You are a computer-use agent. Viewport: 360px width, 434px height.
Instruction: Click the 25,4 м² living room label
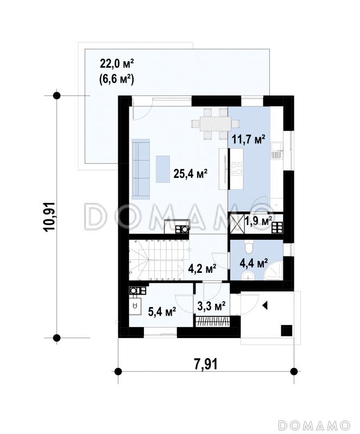[x=191, y=174]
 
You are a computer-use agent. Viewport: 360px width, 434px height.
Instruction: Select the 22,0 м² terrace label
[x=117, y=64]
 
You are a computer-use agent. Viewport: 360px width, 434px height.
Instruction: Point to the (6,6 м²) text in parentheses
[x=116, y=79]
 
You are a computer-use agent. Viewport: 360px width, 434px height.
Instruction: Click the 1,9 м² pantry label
[x=258, y=221]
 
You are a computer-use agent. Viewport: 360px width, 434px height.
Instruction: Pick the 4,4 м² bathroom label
[x=254, y=263]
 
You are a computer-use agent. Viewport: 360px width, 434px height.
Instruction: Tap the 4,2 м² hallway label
[x=203, y=268]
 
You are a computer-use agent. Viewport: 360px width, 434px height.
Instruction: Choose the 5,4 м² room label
[x=162, y=312]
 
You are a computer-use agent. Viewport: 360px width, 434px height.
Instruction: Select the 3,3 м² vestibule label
[x=211, y=305]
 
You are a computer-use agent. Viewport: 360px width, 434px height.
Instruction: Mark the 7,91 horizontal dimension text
[x=206, y=363]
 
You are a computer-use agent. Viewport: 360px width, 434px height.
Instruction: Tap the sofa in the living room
[x=141, y=169]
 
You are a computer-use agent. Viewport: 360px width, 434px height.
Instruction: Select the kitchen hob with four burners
[x=237, y=169]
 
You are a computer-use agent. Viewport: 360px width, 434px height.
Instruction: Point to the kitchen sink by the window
[x=277, y=150]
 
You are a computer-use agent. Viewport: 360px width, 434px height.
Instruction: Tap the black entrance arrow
[x=265, y=305]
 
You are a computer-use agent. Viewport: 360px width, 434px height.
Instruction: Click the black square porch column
[x=287, y=330]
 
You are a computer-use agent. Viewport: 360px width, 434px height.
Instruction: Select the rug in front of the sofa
[x=163, y=169]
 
